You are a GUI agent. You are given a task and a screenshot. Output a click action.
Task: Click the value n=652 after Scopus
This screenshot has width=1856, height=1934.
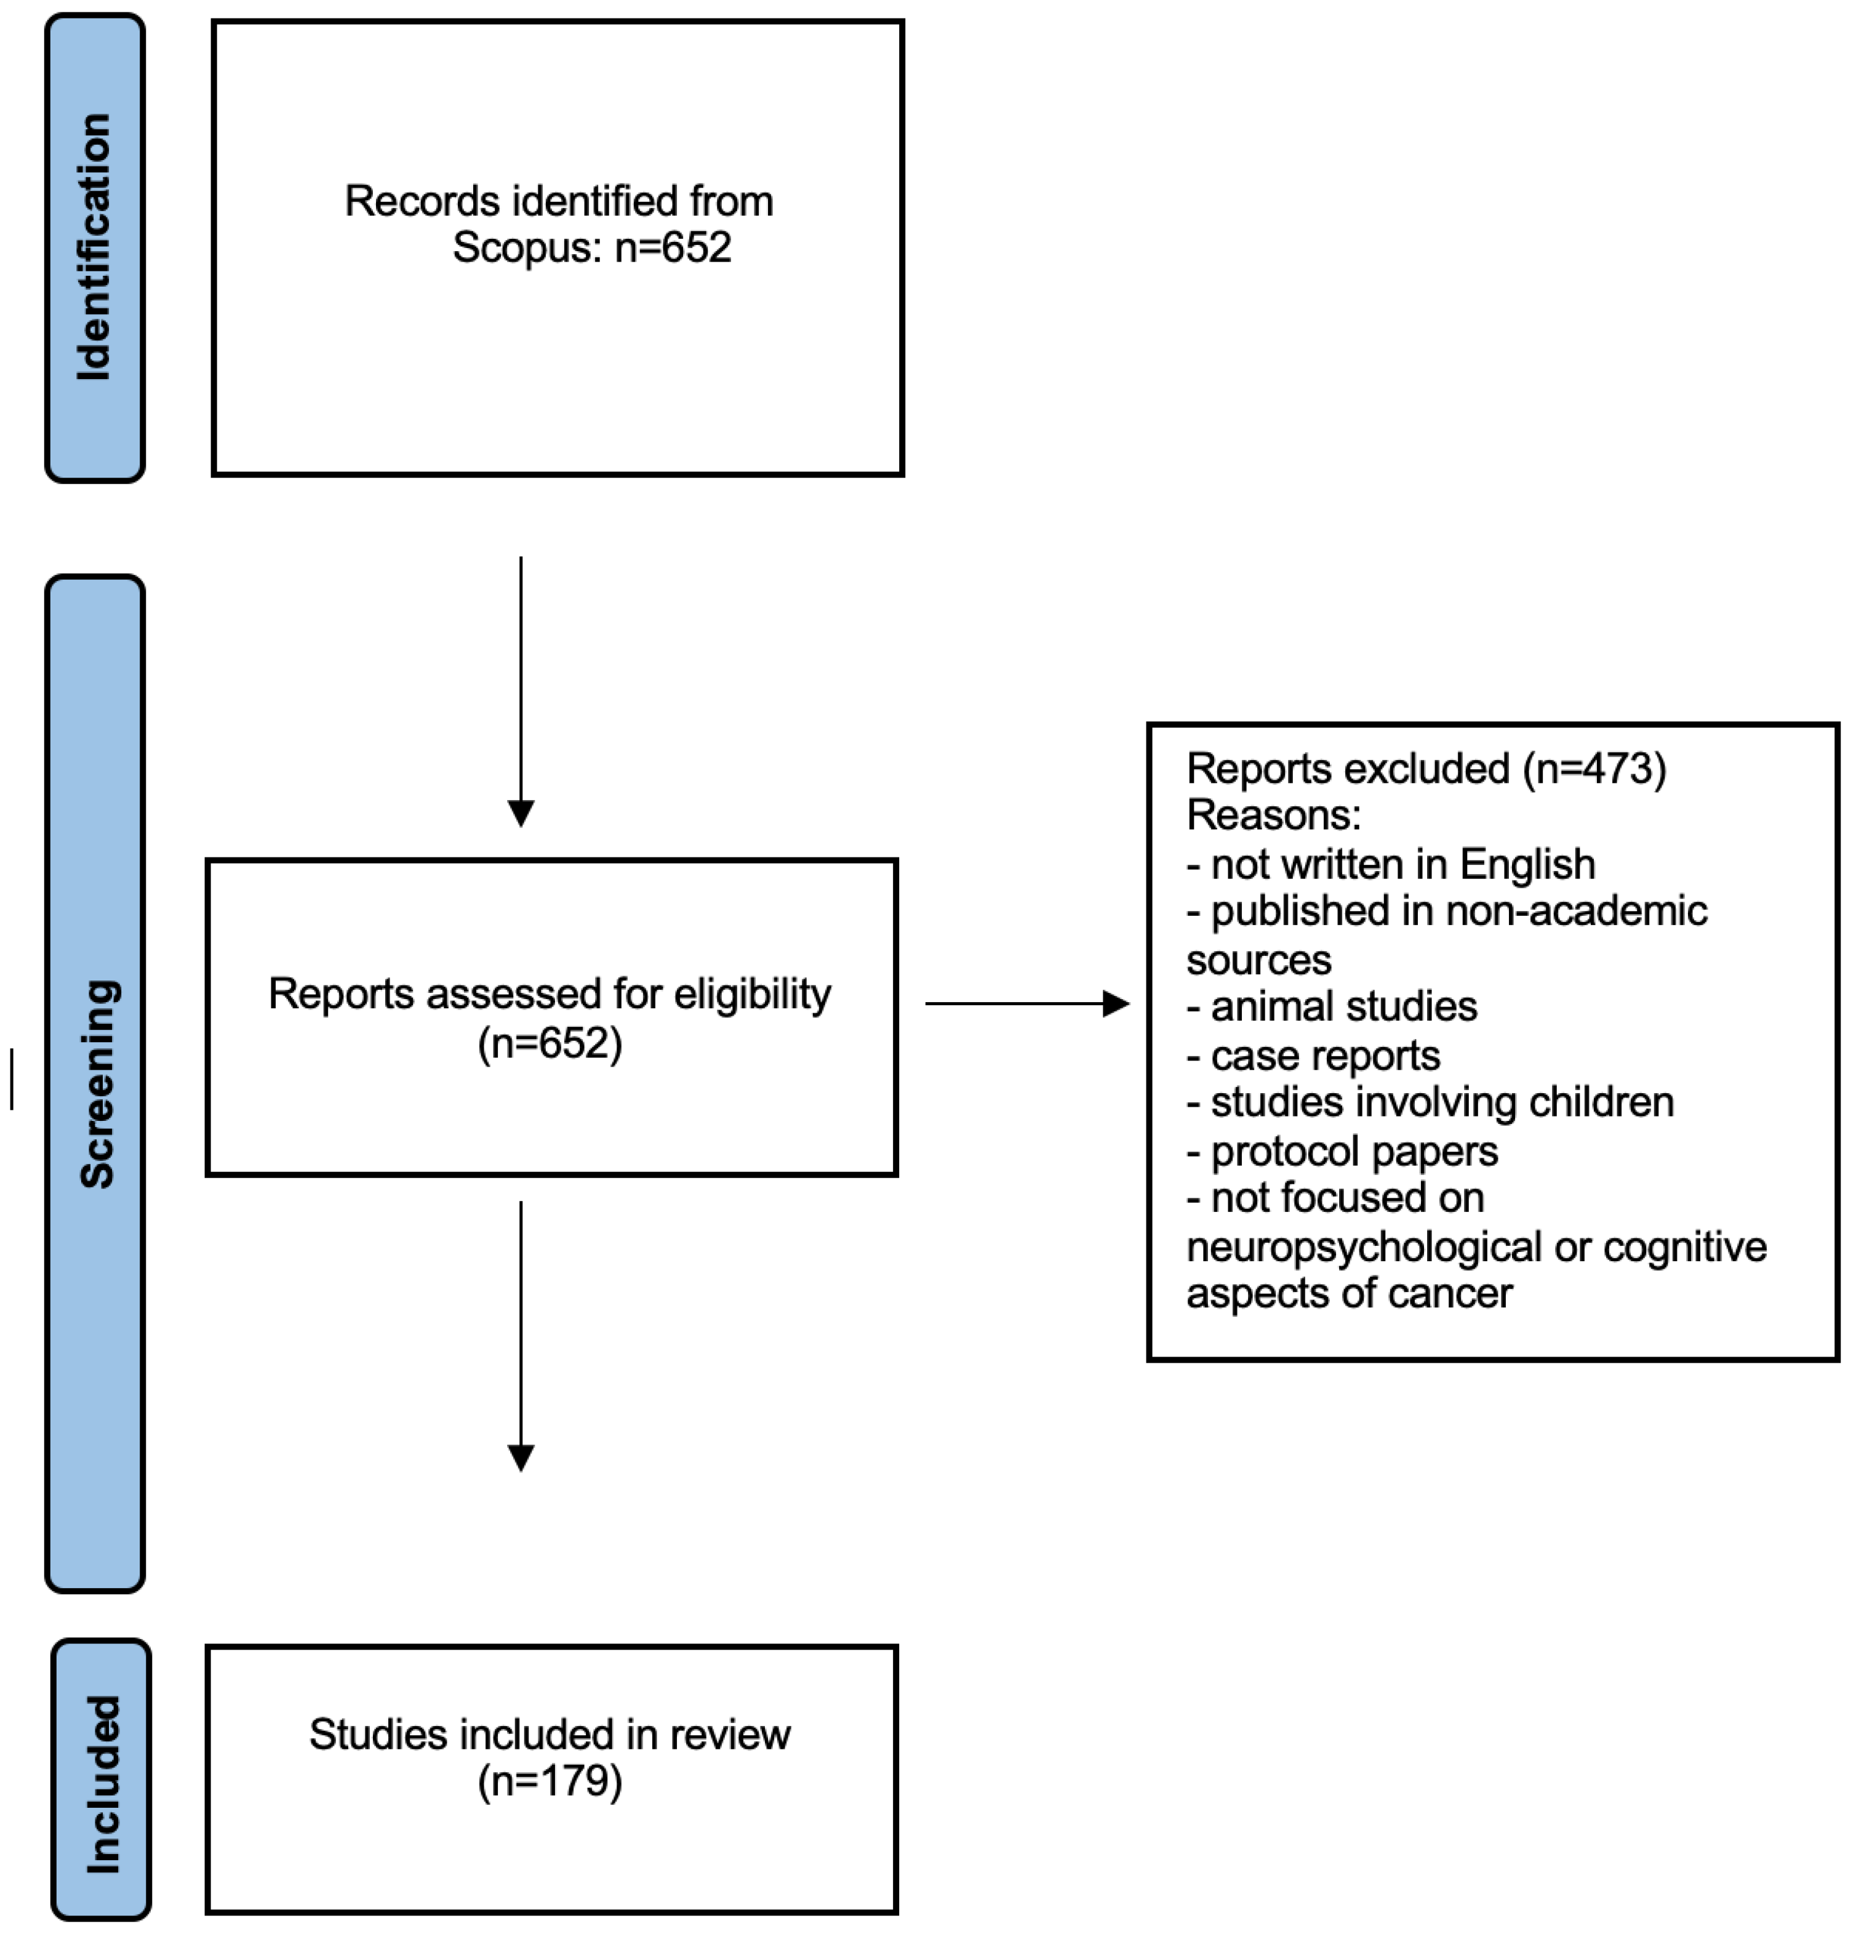[x=673, y=247]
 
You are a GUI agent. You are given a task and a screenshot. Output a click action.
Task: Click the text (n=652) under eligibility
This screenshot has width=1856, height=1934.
[x=550, y=1043]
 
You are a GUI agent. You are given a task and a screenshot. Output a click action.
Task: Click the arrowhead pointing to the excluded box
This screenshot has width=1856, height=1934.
[x=1116, y=1003]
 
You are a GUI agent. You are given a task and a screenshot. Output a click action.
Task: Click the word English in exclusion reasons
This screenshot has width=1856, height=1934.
[x=1527, y=864]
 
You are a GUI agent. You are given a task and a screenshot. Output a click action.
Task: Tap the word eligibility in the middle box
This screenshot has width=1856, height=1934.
[x=752, y=995]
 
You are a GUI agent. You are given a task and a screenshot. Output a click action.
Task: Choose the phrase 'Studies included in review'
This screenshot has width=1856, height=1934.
[x=550, y=1734]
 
